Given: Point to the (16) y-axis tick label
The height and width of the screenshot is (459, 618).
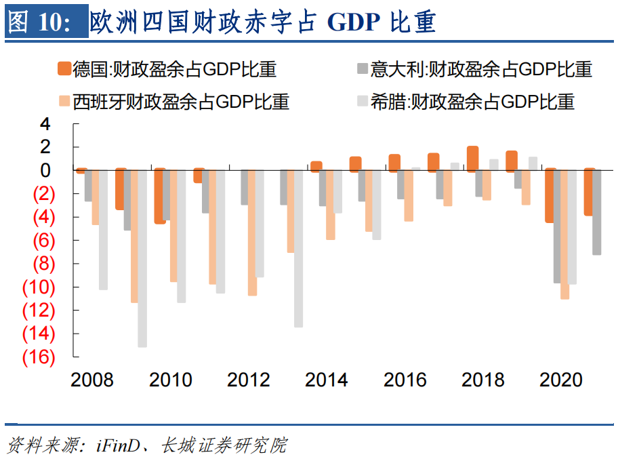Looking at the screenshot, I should [39, 357].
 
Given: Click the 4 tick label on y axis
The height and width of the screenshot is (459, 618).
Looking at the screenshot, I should [46, 124].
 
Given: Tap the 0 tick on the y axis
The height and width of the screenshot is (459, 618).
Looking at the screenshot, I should [46, 170].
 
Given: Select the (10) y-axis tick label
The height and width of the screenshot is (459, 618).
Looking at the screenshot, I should [39, 287].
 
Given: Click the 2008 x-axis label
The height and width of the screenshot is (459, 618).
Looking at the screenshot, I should [92, 380].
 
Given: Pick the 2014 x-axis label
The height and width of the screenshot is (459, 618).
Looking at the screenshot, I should [327, 380].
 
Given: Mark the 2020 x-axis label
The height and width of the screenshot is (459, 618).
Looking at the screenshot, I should [561, 380].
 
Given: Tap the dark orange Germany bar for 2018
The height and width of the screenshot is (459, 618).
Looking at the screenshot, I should [473, 159].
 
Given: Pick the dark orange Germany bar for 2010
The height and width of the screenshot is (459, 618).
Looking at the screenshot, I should [160, 196].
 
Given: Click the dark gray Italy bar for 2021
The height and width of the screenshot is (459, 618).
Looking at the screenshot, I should [596, 212].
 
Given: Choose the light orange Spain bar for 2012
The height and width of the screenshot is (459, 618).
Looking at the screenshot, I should [252, 232].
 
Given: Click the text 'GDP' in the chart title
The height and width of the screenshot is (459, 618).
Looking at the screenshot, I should [354, 23].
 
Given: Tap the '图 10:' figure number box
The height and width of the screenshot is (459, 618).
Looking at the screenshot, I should [45, 23].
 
